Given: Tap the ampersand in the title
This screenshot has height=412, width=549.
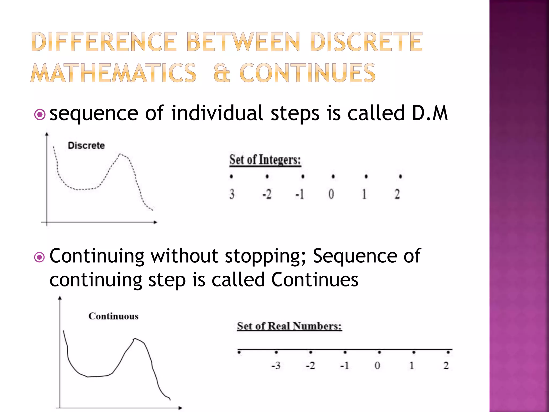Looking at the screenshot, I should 222,73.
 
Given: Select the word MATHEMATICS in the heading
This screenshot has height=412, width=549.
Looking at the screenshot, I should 114,73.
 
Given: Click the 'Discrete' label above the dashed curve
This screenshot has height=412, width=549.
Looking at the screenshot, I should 86,145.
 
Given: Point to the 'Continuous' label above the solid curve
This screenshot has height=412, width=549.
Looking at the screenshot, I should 113,316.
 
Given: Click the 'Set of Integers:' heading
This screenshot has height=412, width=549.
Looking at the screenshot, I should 265,160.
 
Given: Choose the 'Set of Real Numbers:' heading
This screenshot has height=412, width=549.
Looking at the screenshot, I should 290,326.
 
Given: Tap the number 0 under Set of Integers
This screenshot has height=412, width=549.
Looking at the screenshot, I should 331,194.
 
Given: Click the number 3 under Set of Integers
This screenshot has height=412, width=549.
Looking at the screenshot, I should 232,194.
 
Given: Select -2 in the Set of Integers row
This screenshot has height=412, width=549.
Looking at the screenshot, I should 267,194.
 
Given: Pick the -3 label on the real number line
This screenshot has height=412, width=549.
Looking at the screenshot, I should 276,366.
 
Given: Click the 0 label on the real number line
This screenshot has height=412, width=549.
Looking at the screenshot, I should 377,366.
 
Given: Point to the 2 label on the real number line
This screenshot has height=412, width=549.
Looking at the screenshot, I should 446,366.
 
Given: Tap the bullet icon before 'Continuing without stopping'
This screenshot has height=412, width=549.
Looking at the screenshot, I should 40,257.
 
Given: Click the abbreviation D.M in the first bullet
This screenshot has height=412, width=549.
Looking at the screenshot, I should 430,113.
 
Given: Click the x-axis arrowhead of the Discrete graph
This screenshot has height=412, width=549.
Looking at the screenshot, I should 155,222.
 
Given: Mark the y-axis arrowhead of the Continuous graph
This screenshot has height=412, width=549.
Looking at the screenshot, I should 60,298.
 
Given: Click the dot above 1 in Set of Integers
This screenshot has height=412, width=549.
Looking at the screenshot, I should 366,176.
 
